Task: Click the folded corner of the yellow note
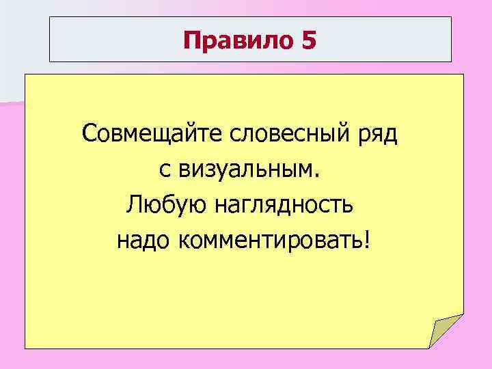tap(445, 332)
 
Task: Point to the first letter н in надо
tap(122, 240)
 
